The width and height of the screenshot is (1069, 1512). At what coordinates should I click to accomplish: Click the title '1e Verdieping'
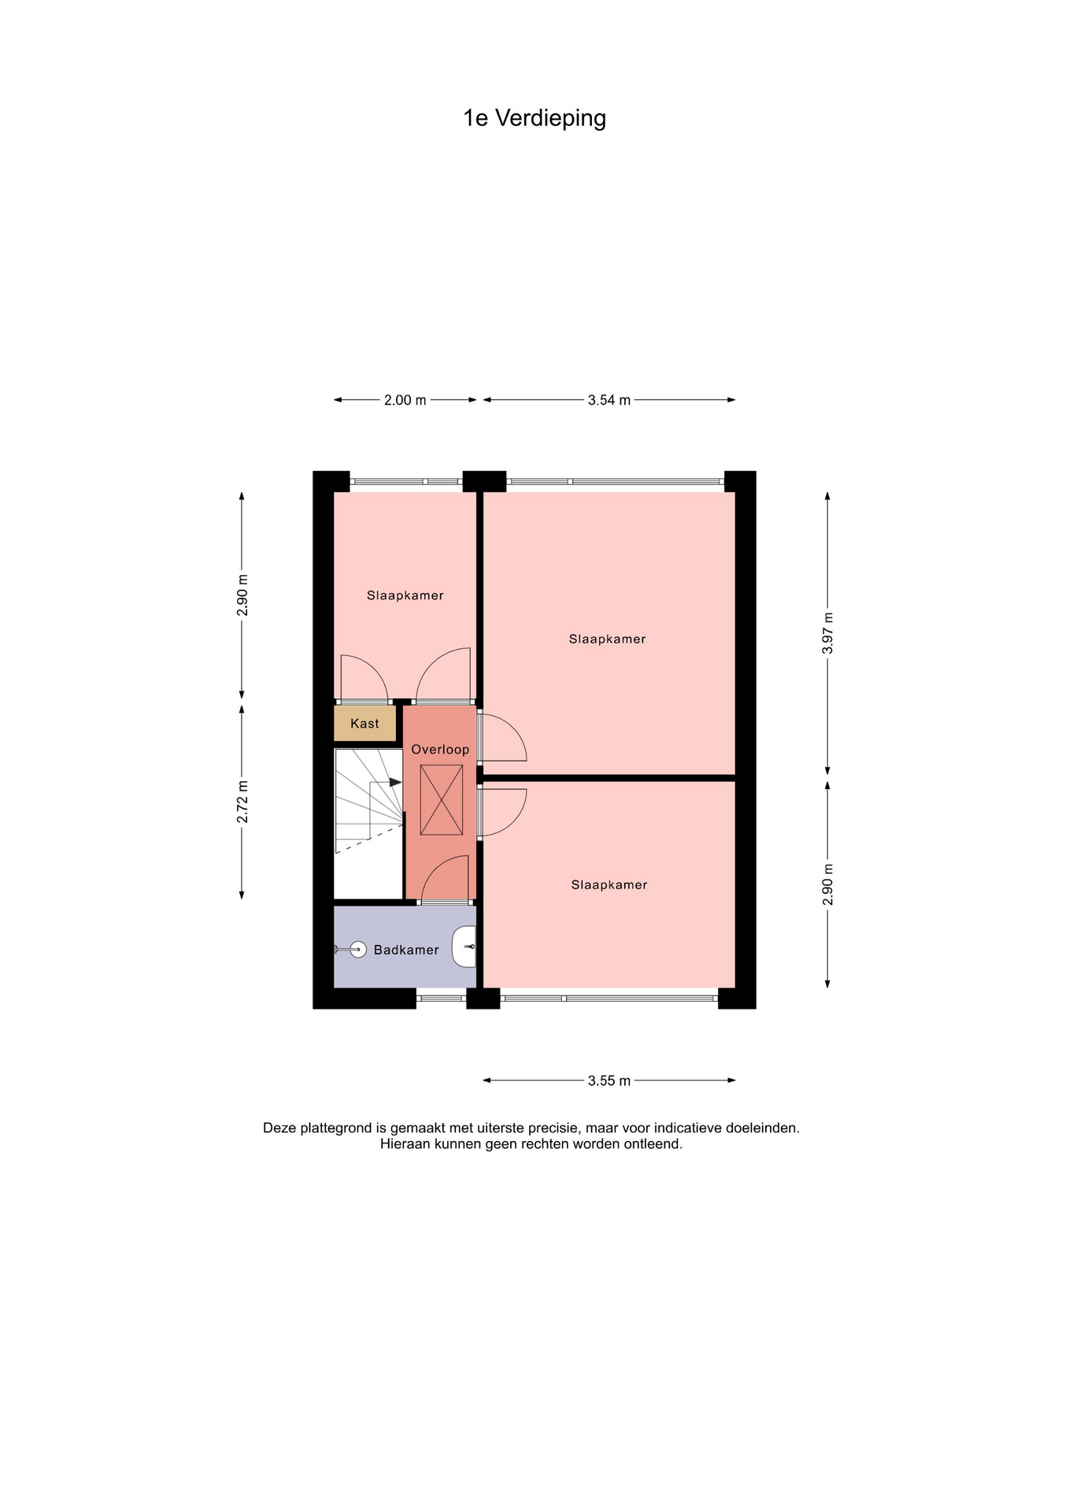(x=534, y=118)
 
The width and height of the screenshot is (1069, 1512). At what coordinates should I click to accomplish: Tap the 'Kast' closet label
(x=364, y=724)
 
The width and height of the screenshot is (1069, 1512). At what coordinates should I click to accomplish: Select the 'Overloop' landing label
(x=440, y=750)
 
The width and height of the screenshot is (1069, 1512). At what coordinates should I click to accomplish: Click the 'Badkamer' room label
(x=406, y=951)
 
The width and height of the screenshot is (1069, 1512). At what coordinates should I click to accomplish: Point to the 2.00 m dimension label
(x=405, y=400)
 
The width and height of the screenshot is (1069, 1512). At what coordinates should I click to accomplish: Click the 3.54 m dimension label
(x=609, y=400)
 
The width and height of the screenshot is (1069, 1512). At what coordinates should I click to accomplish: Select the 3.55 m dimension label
(x=609, y=1080)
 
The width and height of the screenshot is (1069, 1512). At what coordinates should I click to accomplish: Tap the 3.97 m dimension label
(x=827, y=633)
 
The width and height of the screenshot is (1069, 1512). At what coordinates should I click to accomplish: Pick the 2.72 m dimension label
(x=242, y=802)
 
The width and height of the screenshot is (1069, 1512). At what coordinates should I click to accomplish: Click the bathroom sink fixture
(x=464, y=947)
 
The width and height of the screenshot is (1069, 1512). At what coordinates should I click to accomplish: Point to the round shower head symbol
(x=358, y=950)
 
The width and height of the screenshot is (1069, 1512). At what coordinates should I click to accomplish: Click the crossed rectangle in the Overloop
(x=442, y=800)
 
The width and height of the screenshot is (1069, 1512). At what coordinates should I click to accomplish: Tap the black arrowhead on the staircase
(x=396, y=782)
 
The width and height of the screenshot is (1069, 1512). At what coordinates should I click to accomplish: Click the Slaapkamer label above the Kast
(x=405, y=596)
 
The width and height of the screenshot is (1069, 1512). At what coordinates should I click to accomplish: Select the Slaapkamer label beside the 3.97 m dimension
(x=607, y=639)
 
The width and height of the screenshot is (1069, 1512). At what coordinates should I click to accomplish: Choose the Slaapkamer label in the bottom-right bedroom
(x=609, y=885)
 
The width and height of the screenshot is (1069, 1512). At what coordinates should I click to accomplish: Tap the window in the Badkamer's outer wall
(x=441, y=999)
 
